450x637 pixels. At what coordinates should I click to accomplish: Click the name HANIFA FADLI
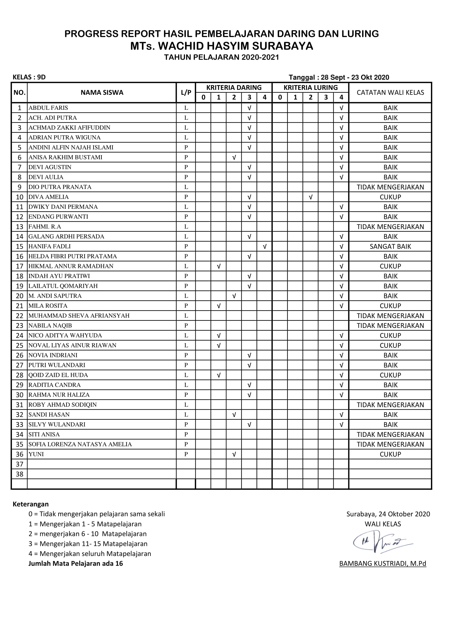coord(50,246)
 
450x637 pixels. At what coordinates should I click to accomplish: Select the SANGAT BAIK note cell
coord(390,246)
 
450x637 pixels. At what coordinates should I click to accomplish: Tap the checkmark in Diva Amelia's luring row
coord(311,197)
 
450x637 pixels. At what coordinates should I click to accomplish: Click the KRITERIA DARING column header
coord(234,88)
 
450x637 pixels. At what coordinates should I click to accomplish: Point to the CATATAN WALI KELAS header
coord(390,93)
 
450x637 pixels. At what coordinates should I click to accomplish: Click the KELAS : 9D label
coord(29,77)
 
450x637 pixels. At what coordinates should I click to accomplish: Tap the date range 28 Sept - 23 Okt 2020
coord(355,77)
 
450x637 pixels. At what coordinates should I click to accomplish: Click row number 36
coord(19,454)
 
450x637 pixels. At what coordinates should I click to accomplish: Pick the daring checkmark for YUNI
coord(234,454)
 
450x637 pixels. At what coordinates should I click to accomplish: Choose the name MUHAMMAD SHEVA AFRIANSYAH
coord(79,316)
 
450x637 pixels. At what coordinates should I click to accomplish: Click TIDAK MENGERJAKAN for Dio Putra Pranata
coord(390,187)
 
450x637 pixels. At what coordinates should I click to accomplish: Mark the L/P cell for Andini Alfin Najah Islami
coord(186,147)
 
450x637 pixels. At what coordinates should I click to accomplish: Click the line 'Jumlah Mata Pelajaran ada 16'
coord(75,563)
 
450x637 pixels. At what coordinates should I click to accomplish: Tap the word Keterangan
coord(30,504)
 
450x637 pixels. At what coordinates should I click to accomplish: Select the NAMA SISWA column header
coord(102,93)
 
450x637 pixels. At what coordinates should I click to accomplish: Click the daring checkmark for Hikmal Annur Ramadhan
coord(219,266)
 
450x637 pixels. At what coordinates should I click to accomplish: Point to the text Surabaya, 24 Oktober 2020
coord(388,514)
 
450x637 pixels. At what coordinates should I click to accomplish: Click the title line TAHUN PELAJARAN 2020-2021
coord(221,57)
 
